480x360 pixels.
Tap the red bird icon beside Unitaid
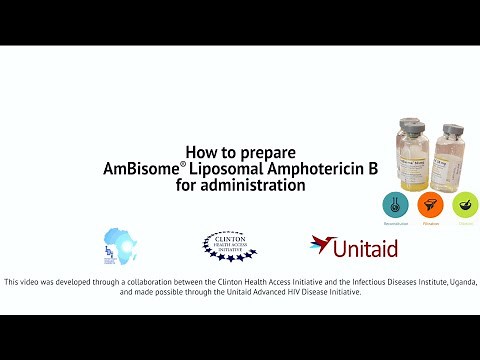(x=322, y=244)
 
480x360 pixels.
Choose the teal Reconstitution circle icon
(x=396, y=206)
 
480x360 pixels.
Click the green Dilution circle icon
(x=464, y=206)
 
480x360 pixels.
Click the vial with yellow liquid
(x=413, y=160)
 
